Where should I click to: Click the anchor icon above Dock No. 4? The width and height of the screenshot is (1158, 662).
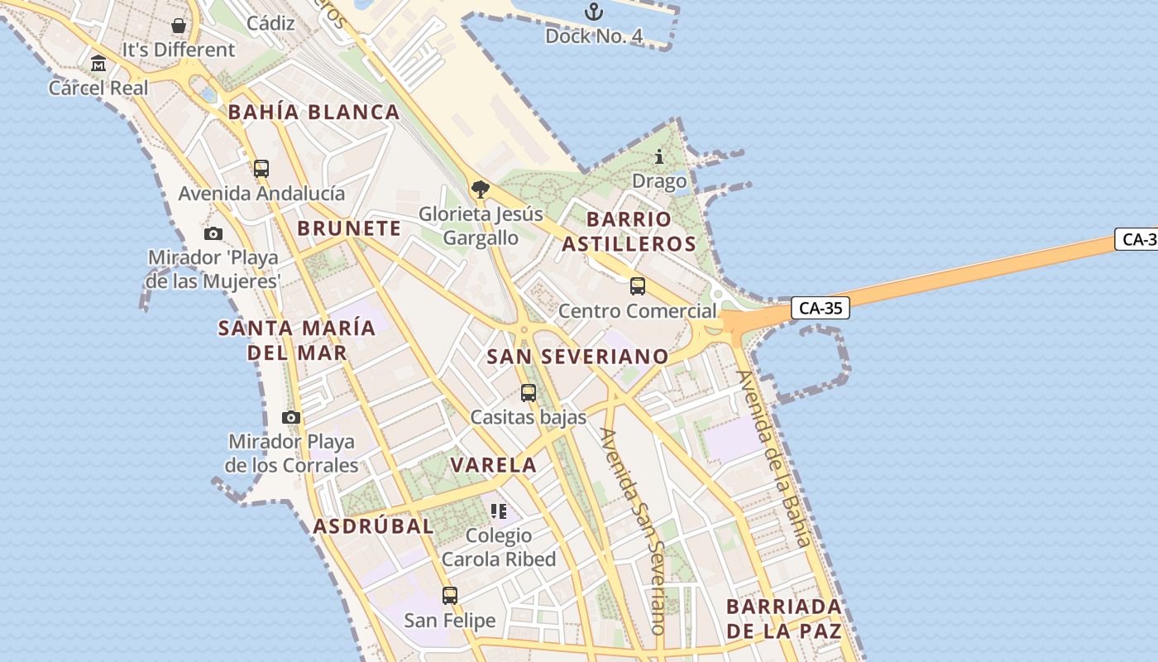pyautogui.click(x=593, y=12)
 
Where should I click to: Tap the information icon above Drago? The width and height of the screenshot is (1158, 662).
pyautogui.click(x=659, y=156)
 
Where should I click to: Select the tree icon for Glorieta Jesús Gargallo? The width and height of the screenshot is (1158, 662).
pyautogui.click(x=480, y=189)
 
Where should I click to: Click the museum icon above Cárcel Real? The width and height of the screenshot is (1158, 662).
pyautogui.click(x=98, y=64)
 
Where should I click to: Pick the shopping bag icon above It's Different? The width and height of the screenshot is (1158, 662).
pyautogui.click(x=178, y=26)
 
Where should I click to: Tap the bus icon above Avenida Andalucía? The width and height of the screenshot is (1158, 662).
pyautogui.click(x=261, y=169)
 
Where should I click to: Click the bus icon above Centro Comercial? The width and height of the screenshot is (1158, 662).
pyautogui.click(x=638, y=286)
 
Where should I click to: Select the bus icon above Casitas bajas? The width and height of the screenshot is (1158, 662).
pyautogui.click(x=529, y=393)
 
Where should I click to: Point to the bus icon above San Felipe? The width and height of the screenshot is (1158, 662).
pyautogui.click(x=449, y=595)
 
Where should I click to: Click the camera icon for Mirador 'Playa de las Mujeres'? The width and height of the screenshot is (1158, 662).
pyautogui.click(x=213, y=233)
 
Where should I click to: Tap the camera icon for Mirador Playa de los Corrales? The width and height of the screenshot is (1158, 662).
pyautogui.click(x=291, y=417)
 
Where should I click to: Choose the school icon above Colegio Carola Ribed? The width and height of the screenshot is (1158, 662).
pyautogui.click(x=498, y=511)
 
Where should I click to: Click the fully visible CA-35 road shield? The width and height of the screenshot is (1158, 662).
pyautogui.click(x=821, y=309)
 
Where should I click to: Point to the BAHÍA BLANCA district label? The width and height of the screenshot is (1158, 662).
pyautogui.click(x=314, y=113)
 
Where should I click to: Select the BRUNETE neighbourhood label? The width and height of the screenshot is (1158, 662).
pyautogui.click(x=349, y=228)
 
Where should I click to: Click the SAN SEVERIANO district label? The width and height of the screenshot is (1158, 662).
pyautogui.click(x=577, y=357)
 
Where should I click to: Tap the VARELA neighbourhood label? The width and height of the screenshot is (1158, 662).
pyautogui.click(x=494, y=465)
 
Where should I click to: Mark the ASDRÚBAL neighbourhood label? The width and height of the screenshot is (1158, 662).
pyautogui.click(x=373, y=525)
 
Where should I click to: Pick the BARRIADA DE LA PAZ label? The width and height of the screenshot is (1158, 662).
pyautogui.click(x=784, y=618)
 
